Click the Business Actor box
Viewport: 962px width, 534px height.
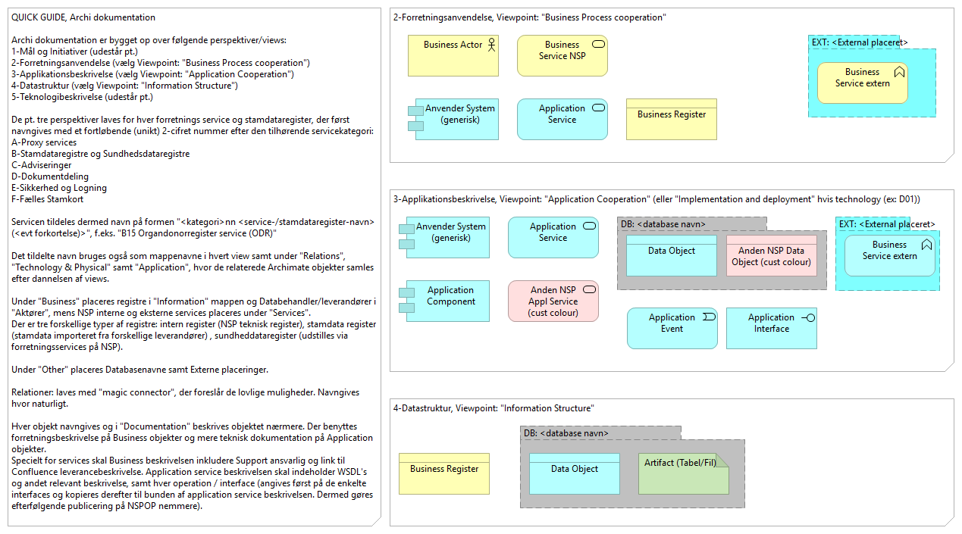point(453,55)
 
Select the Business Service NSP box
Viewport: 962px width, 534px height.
point(562,55)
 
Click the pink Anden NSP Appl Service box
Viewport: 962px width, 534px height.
point(553,301)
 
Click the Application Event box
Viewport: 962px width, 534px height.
point(672,327)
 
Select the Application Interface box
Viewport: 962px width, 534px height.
point(771,327)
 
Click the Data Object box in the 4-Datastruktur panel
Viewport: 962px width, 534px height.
point(574,473)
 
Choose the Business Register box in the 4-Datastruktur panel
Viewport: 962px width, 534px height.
point(444,473)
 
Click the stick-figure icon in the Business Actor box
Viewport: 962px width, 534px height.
point(490,45)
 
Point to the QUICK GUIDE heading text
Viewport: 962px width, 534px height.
point(83,17)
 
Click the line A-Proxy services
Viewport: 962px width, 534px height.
point(44,142)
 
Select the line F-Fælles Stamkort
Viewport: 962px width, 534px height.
point(48,199)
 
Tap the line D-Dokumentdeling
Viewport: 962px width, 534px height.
point(49,176)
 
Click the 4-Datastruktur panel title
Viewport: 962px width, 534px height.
point(494,408)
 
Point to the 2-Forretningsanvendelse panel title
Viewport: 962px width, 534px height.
point(529,17)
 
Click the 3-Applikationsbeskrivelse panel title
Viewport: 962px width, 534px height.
point(656,199)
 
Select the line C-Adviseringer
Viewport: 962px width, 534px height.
point(42,165)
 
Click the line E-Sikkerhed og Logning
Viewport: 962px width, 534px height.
point(59,188)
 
